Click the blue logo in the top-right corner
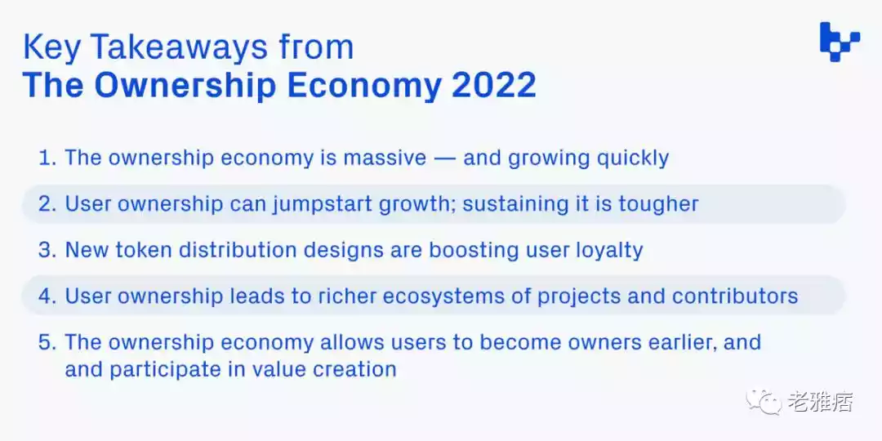coord(840,41)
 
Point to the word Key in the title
coord(50,48)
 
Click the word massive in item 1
coord(384,158)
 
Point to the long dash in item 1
coord(443,159)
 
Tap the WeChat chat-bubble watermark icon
coord(764,402)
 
